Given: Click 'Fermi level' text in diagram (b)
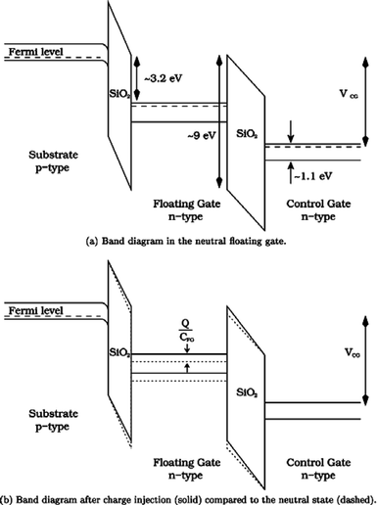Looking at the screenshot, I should tap(33, 311).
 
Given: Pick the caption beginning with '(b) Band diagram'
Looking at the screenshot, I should tap(188, 497).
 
